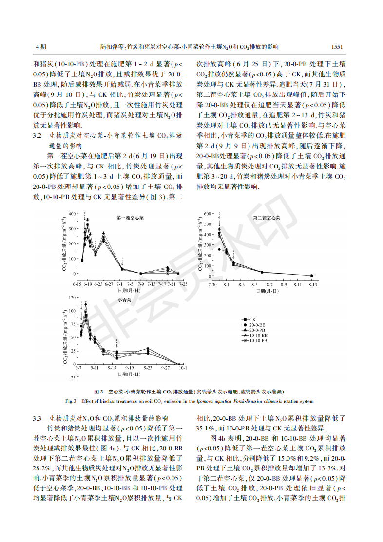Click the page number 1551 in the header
[337, 47]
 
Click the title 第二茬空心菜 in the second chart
[266, 218]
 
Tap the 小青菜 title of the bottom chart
[124, 300]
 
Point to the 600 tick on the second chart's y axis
[207, 214]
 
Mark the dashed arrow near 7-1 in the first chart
[122, 261]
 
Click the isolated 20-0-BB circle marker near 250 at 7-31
[219, 249]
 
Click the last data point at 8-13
[312, 276]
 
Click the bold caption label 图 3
[98, 392]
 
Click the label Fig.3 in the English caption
[71, 401]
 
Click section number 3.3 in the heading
[37, 418]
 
